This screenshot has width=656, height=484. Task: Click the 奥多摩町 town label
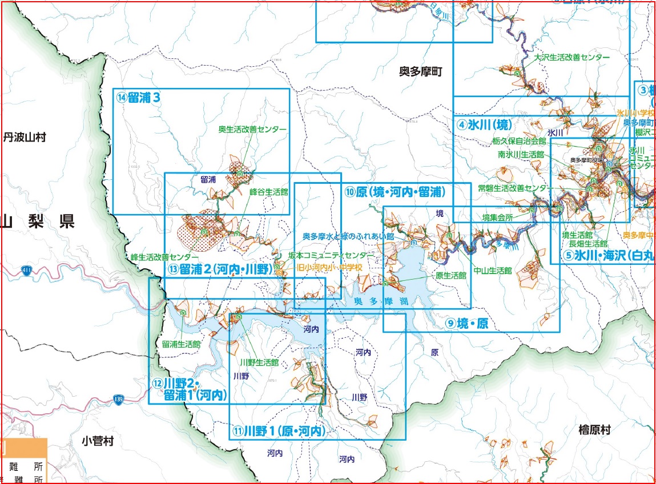click(x=420, y=71)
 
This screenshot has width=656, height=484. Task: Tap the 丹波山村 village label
click(x=25, y=138)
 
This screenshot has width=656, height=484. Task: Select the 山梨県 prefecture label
click(x=38, y=221)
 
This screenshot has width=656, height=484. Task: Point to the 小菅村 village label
click(x=98, y=441)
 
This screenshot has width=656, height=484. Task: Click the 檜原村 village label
click(x=578, y=430)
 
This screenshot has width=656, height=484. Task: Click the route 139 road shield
click(x=118, y=398)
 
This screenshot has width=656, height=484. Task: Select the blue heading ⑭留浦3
click(x=137, y=97)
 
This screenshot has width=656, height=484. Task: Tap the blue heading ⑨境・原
click(x=468, y=324)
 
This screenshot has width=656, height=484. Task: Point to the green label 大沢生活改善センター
click(x=572, y=58)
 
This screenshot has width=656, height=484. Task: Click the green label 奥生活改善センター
click(x=252, y=130)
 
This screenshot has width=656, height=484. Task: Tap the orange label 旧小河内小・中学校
click(x=330, y=267)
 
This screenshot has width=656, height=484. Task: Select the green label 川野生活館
click(x=259, y=362)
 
